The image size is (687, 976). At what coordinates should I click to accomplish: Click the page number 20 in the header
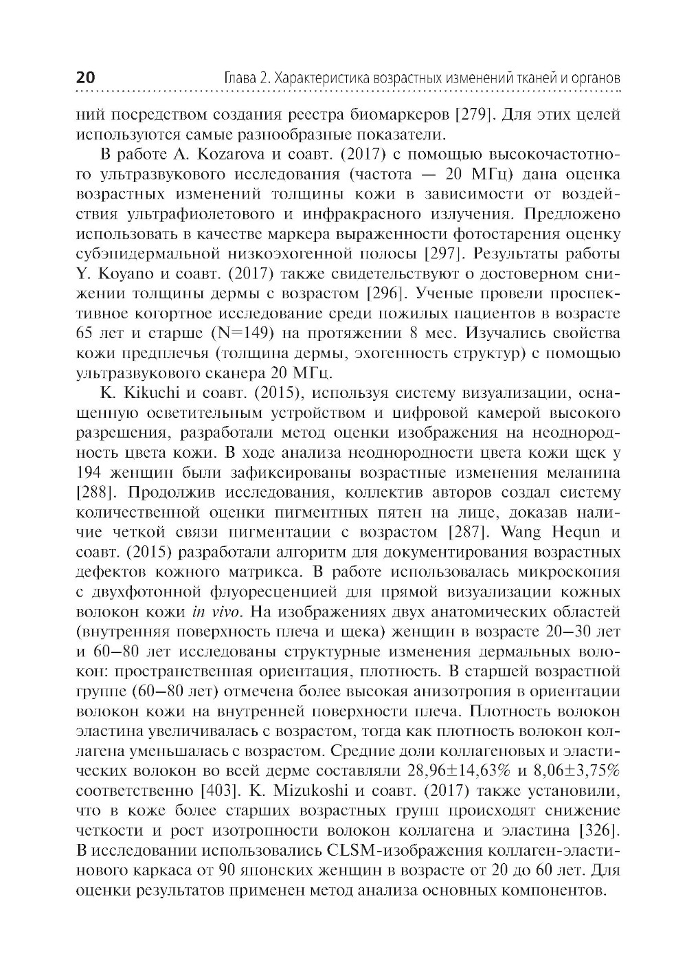[x=86, y=77]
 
